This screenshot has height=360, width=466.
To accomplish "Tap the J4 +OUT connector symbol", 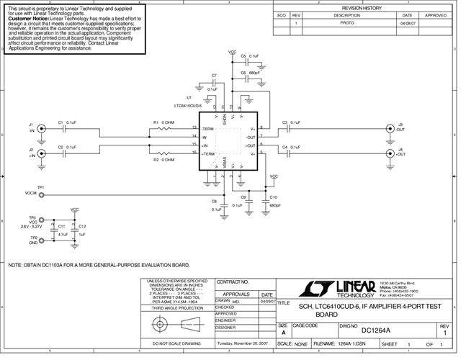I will click(x=390, y=152).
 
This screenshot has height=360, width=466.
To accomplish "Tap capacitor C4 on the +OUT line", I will click(x=287, y=152).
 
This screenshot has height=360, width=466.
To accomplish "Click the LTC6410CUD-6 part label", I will click(x=180, y=104).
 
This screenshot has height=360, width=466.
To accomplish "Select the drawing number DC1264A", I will click(x=375, y=330).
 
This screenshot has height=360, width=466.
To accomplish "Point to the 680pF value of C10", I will click(x=274, y=205).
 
